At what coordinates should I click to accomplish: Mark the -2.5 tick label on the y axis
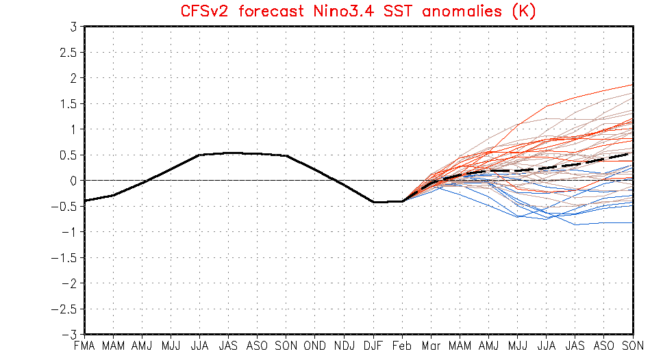pos(66,309)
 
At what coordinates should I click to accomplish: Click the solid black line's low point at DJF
pos(373,202)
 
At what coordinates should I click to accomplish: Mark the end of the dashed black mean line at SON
pos(632,153)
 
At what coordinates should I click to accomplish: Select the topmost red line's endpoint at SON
pos(632,85)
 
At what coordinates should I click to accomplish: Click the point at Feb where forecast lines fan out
pos(402,201)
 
